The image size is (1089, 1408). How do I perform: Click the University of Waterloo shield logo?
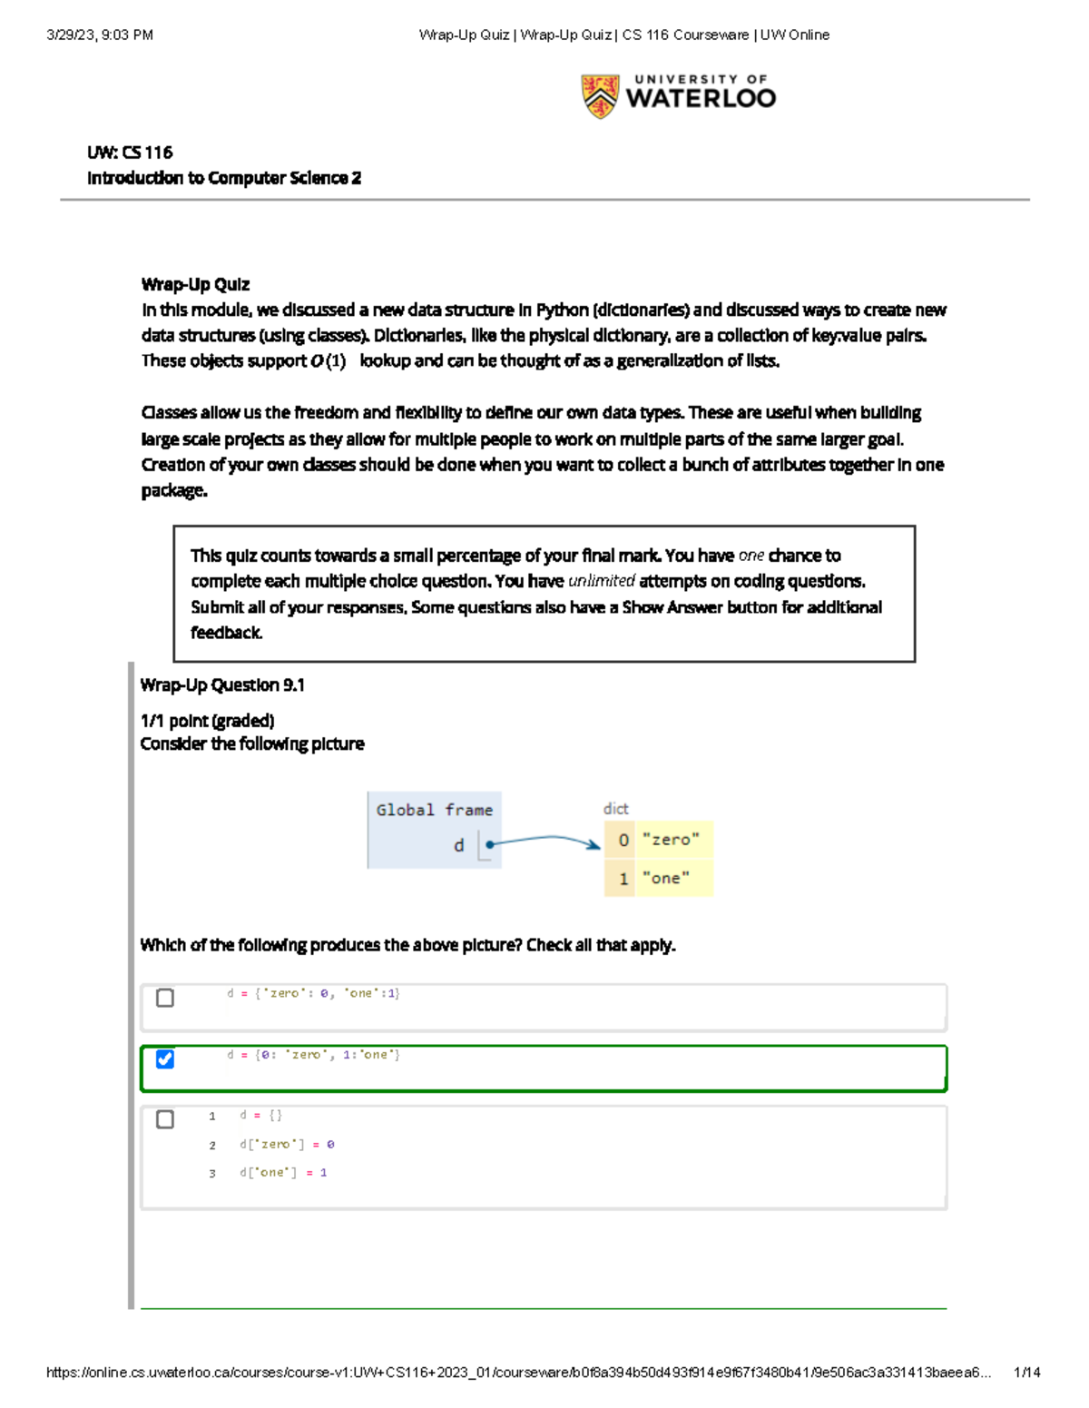tap(600, 96)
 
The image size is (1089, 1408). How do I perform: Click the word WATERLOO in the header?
tap(701, 99)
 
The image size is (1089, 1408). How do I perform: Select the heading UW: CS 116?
tap(130, 153)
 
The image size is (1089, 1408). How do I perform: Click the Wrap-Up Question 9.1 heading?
tap(222, 685)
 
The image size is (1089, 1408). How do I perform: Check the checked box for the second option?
tap(165, 1058)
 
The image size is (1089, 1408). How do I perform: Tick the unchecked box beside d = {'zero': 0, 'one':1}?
tap(165, 998)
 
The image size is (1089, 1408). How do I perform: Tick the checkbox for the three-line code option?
tap(165, 1118)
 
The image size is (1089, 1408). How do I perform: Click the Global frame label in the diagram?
tap(434, 810)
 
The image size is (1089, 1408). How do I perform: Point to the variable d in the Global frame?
tap(458, 845)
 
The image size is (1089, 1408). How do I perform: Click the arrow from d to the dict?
tap(544, 840)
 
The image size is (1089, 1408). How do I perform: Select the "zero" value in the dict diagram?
tap(671, 840)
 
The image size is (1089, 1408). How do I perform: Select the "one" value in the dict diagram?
tap(665, 878)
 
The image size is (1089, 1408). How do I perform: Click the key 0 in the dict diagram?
tap(623, 840)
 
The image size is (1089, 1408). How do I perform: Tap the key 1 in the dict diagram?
tap(623, 878)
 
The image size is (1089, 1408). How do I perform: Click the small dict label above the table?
tap(615, 808)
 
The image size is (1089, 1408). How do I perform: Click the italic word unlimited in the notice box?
tap(601, 581)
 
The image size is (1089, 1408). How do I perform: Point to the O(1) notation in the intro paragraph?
tap(328, 361)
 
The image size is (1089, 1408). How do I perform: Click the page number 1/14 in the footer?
tap(1026, 1373)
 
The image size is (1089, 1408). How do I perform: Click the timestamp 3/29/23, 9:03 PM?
tap(100, 35)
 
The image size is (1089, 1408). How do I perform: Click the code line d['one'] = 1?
tap(282, 1173)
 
